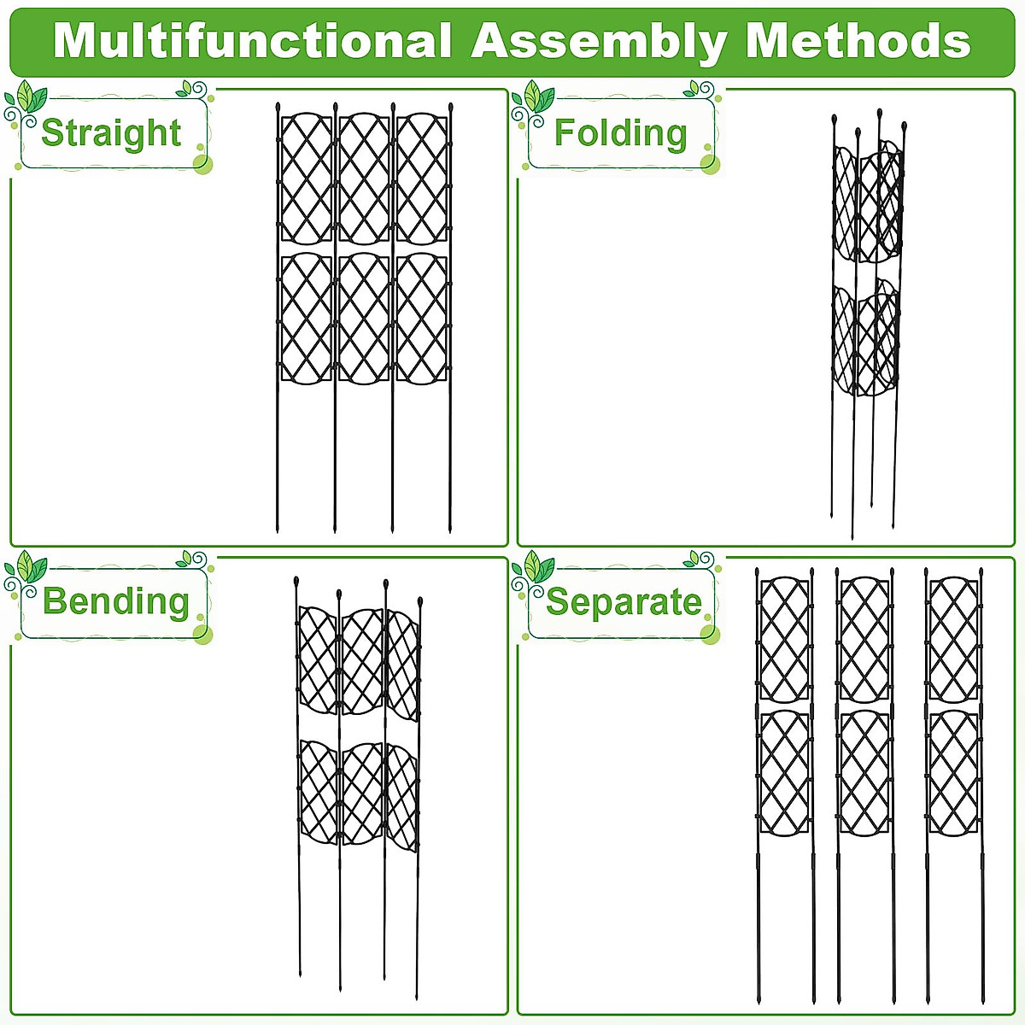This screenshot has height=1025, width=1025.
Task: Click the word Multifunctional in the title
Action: click(x=252, y=41)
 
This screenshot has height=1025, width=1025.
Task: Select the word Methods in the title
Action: click(x=858, y=41)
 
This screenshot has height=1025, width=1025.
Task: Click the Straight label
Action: click(x=111, y=133)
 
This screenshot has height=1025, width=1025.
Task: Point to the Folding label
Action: click(x=620, y=133)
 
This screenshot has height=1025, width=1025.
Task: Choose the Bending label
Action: click(x=116, y=601)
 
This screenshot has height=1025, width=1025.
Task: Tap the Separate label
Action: click(x=624, y=602)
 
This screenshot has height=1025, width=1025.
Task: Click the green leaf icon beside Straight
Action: click(x=30, y=97)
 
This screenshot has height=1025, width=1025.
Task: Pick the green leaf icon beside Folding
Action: click(x=537, y=97)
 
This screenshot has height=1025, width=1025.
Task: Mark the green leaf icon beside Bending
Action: click(x=30, y=566)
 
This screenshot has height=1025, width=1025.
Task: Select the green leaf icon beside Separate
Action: click(x=537, y=566)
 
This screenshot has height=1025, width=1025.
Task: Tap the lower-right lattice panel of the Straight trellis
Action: click(x=422, y=318)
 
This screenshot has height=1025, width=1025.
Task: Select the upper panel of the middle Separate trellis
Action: click(x=864, y=639)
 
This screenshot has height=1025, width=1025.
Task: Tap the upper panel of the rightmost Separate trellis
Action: click(x=953, y=639)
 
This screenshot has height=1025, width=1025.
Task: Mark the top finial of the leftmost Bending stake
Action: click(x=296, y=582)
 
